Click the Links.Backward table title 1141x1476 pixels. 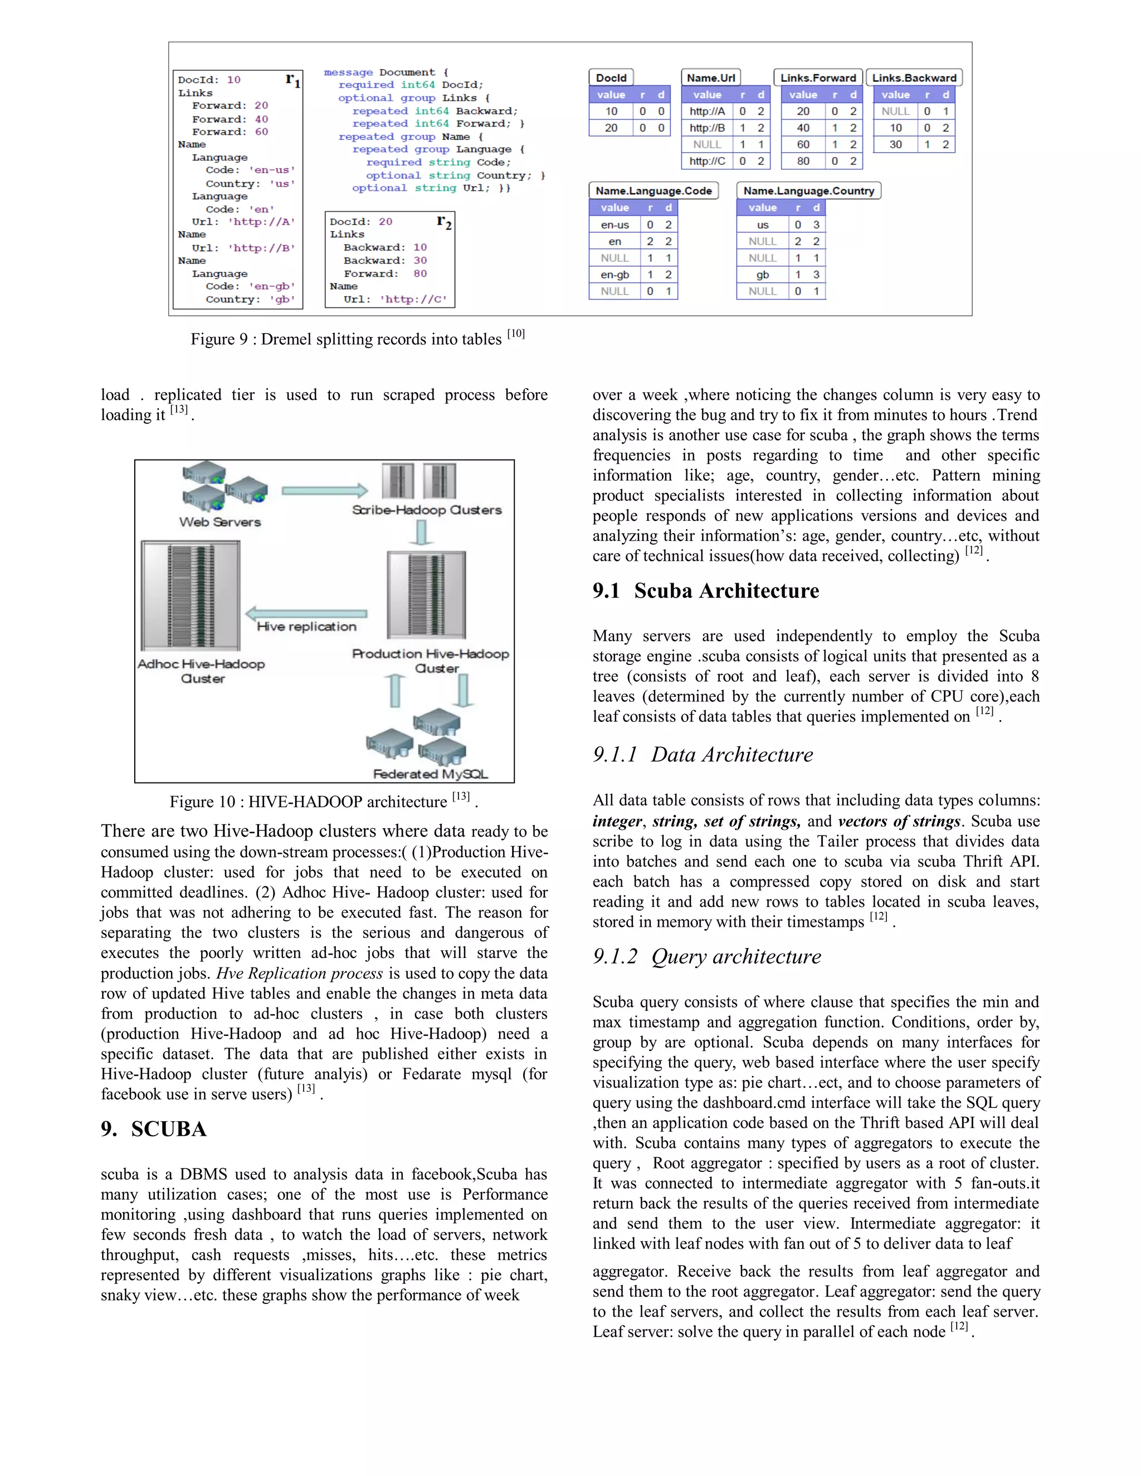914,78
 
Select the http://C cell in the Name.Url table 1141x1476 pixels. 707,161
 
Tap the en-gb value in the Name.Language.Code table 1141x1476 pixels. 615,275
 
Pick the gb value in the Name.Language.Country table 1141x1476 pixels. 763,275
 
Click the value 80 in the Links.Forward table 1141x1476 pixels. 803,161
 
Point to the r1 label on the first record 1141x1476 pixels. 292,80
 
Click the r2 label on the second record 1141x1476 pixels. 444,221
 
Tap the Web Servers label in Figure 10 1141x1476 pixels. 220,522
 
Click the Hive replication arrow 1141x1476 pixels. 306,614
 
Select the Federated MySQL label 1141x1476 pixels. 430,774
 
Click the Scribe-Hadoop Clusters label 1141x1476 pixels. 427,510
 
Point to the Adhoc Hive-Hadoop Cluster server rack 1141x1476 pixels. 191,595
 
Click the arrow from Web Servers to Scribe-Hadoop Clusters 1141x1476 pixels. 324,491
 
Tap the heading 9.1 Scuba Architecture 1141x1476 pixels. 706,590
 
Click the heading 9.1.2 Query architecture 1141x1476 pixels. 707,956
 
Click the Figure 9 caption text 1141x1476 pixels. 357,339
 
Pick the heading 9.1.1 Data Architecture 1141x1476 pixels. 703,754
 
